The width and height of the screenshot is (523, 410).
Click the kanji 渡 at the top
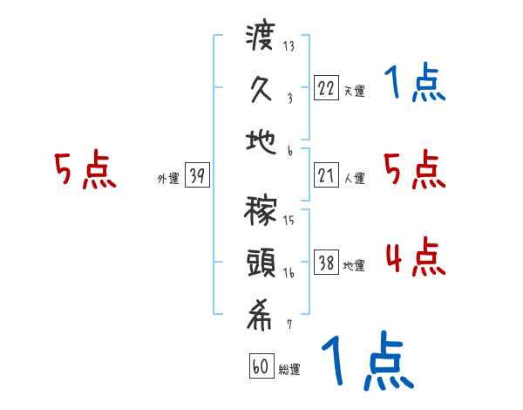coord(261,38)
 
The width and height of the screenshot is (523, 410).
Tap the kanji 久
coord(261,89)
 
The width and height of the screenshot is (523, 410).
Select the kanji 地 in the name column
coord(261,140)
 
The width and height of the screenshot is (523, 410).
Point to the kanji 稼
coord(261,214)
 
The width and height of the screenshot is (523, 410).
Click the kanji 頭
coord(261,264)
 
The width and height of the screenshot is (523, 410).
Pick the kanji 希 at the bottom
coord(261,318)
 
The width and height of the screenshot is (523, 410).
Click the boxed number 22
coord(325,88)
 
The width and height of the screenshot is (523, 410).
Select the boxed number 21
coord(325,176)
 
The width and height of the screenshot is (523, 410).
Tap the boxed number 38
coord(325,263)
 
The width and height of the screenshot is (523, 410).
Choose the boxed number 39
coord(197,176)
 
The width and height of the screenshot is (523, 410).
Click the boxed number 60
coord(261,366)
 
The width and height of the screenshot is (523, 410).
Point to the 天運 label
coord(355,91)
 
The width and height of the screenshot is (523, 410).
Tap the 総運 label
coord(289,370)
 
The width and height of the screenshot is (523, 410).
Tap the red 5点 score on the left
coord(85,171)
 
